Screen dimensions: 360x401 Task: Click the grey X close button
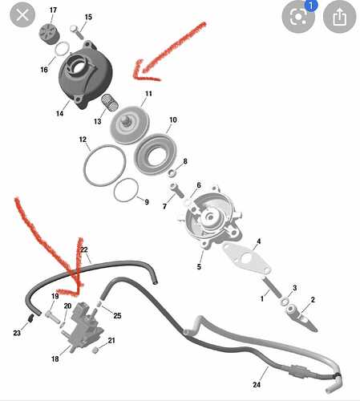(22, 15)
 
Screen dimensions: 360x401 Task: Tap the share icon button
(339, 17)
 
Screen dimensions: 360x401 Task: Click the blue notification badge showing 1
(310, 5)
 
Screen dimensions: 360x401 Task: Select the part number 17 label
(53, 10)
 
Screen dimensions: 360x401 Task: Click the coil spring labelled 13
(110, 102)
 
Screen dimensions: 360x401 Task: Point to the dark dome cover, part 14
(86, 75)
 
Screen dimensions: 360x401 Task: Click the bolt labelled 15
(77, 32)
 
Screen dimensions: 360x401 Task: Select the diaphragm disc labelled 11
(130, 125)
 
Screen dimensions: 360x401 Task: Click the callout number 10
(173, 119)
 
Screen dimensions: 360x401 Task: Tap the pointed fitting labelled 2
(301, 318)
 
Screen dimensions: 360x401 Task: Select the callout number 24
(257, 384)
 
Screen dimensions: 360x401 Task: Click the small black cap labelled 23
(31, 318)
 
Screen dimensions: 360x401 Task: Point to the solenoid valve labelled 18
(82, 326)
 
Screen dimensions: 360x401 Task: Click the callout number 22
(84, 249)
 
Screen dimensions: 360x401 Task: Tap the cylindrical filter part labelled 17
(49, 34)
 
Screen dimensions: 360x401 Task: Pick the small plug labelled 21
(95, 350)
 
